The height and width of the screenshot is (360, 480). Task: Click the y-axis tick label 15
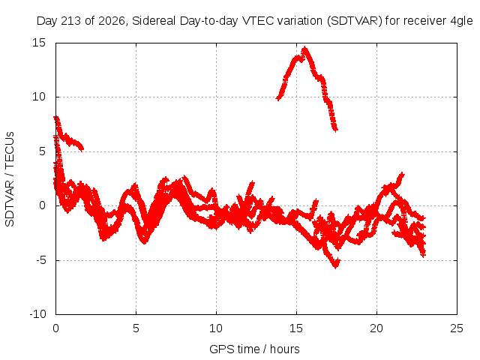(x=39, y=43)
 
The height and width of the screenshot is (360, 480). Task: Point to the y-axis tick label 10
(x=39, y=97)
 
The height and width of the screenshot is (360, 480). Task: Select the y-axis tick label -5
(x=40, y=260)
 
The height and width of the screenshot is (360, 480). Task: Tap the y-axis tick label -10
(x=37, y=314)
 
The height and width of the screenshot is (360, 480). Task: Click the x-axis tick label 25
(x=457, y=328)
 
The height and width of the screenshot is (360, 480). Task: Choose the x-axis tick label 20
(x=376, y=328)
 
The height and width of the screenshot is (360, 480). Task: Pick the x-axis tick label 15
(x=296, y=328)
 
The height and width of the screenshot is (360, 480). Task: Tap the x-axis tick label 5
(x=136, y=328)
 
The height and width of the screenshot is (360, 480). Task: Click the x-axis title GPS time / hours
(x=254, y=349)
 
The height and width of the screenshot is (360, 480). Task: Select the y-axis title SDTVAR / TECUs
(x=10, y=179)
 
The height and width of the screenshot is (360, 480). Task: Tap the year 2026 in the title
(x=112, y=21)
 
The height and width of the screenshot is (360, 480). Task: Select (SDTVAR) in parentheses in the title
(x=355, y=21)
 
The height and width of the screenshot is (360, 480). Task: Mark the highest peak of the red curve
(x=304, y=47)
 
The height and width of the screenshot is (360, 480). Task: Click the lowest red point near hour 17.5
(x=336, y=267)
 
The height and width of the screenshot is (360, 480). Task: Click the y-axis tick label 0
(x=43, y=205)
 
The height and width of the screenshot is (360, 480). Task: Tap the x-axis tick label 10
(x=216, y=328)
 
